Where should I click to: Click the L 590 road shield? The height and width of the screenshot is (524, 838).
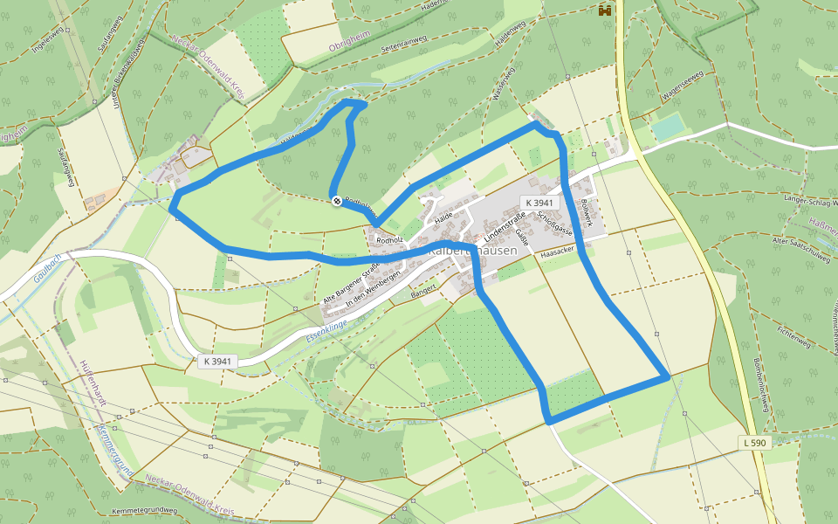756,443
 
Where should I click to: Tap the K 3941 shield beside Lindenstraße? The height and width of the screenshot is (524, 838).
538,202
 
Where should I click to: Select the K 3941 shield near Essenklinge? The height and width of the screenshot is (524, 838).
216,361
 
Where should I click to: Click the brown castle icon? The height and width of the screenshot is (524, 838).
603,10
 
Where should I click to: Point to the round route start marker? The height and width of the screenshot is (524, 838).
337,202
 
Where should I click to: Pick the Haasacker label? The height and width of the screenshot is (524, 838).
556,253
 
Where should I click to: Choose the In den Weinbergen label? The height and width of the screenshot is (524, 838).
373,288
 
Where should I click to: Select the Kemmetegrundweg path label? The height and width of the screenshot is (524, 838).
145,510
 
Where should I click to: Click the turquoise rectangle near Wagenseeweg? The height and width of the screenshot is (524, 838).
669,128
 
